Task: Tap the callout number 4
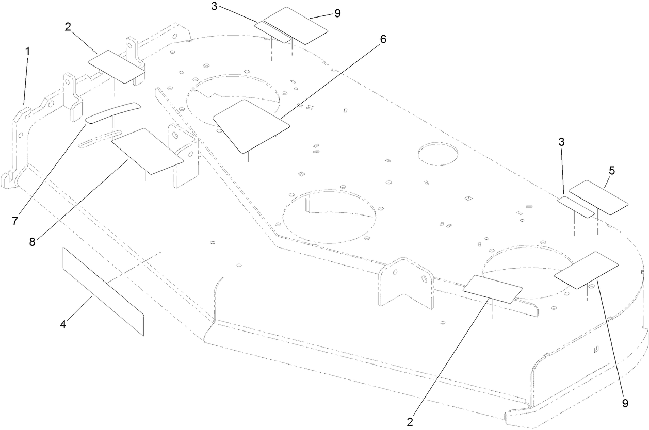click(x=63, y=325)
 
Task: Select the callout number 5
click(x=612, y=170)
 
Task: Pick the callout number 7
click(x=15, y=221)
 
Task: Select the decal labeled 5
click(x=598, y=197)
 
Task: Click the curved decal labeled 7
click(x=112, y=112)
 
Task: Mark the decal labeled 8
click(x=147, y=151)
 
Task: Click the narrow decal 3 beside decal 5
click(x=577, y=207)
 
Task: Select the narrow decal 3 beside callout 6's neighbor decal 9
click(x=273, y=32)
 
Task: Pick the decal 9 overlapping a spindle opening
click(x=586, y=270)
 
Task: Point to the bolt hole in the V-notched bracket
click(x=425, y=279)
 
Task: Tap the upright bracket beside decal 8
click(x=184, y=155)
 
